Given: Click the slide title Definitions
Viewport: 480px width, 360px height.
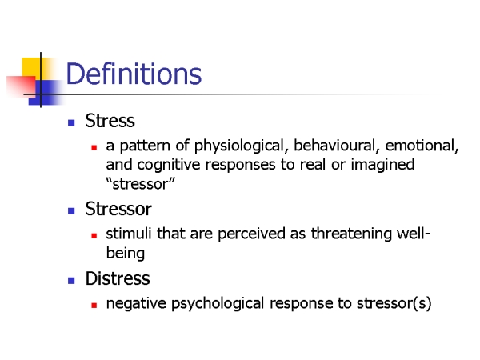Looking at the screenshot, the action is (x=134, y=74).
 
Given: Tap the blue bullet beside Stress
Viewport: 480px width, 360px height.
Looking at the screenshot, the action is (x=71, y=123).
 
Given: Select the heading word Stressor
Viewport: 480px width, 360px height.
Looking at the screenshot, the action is (x=118, y=209).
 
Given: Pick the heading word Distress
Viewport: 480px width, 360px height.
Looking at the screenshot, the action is (x=118, y=278).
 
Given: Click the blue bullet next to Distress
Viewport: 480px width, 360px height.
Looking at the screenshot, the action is (x=71, y=281).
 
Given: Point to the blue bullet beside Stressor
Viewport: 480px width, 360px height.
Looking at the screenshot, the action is (x=71, y=211).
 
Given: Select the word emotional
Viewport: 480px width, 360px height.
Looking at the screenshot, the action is (x=422, y=146).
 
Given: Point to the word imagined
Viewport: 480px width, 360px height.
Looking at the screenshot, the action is (x=382, y=166).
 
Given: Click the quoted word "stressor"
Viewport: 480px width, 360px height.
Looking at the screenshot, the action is (x=141, y=184).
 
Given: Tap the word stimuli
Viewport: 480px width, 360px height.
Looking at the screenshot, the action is (x=129, y=234).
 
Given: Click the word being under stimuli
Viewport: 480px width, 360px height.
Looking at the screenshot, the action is (x=126, y=254).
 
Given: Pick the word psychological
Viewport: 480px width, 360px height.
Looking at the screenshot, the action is (x=218, y=304).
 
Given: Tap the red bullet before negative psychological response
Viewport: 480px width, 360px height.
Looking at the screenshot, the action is (x=94, y=306).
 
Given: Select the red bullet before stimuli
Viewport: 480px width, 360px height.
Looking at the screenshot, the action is (x=94, y=236).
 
